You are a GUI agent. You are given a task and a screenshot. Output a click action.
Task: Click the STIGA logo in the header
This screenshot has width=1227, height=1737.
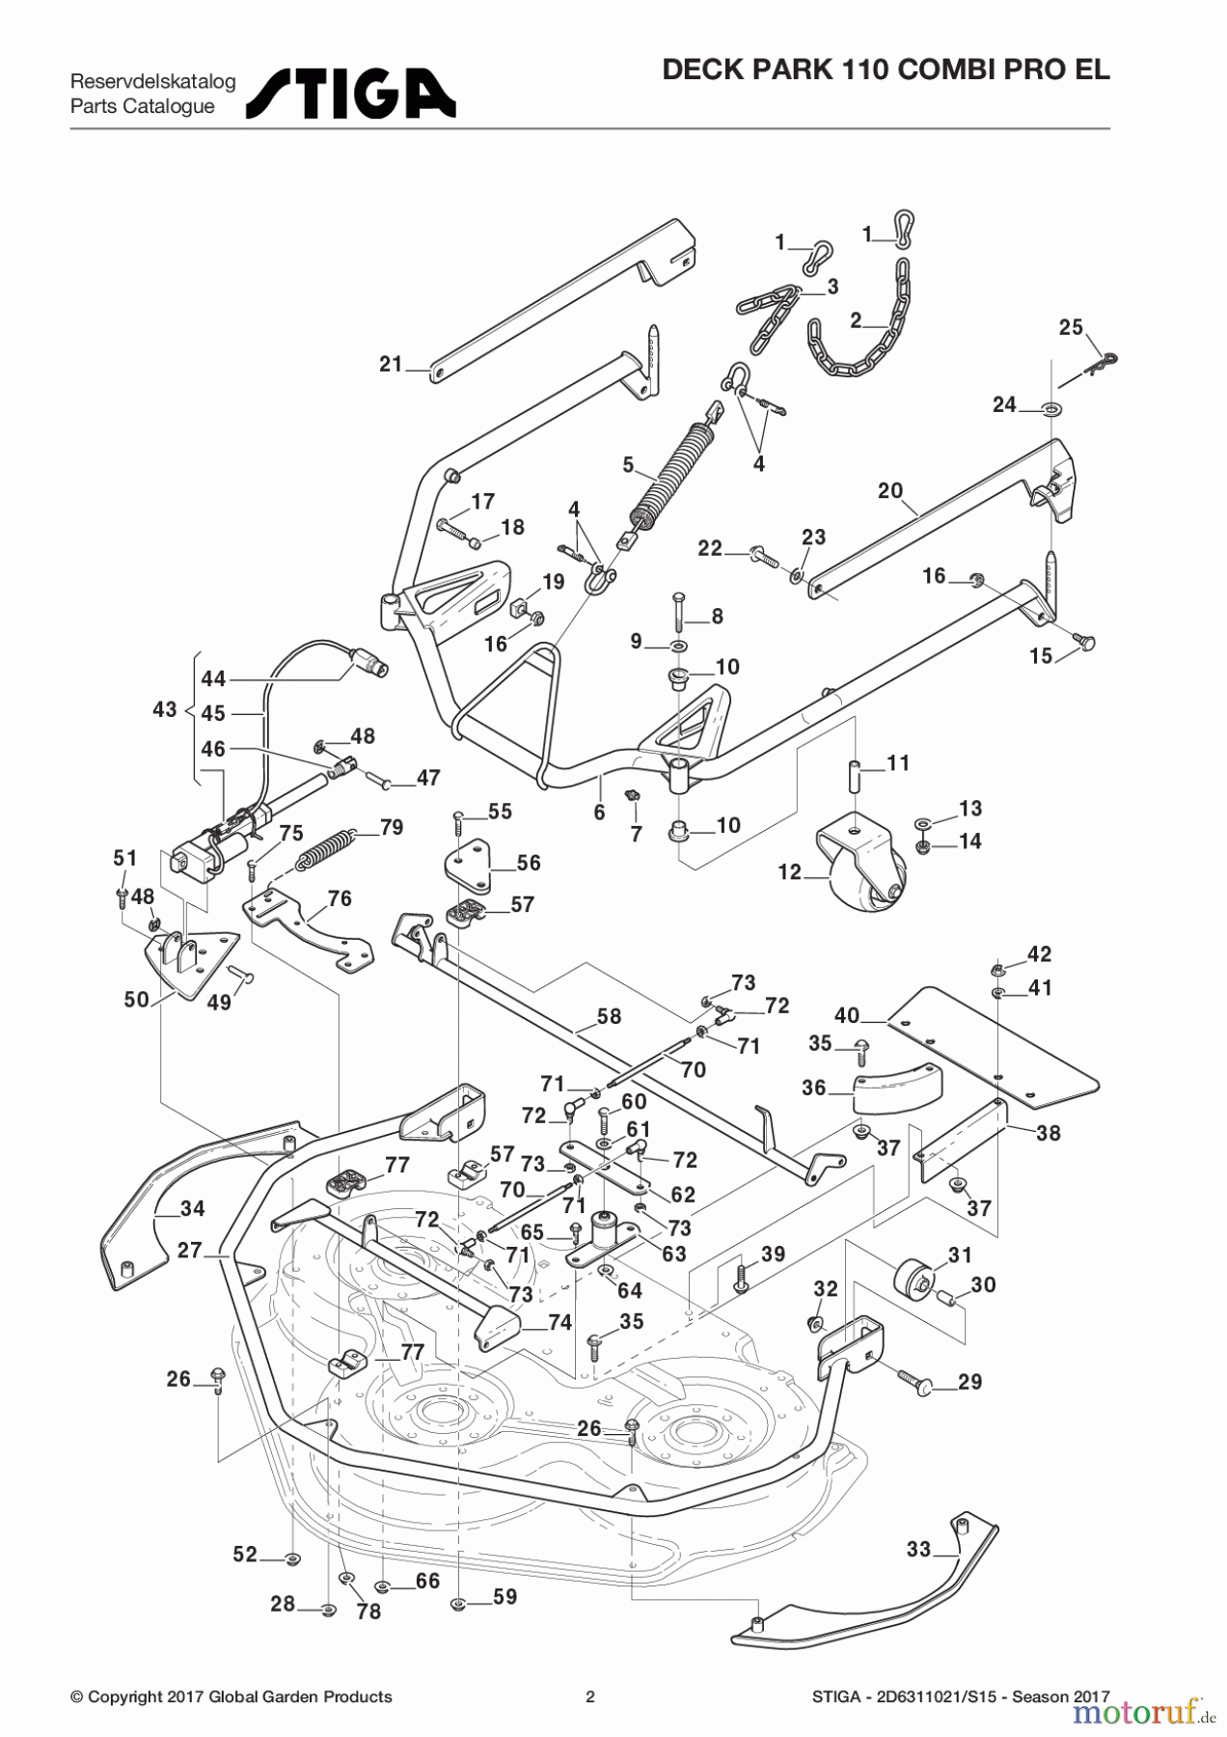[351, 94]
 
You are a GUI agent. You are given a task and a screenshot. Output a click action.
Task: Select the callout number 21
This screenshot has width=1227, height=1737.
[391, 364]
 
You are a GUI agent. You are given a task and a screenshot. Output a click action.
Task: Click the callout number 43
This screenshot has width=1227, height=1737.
[165, 709]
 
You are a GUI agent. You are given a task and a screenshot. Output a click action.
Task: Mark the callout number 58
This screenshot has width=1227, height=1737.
[609, 1016]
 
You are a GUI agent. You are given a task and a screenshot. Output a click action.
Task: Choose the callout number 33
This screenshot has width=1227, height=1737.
[918, 1549]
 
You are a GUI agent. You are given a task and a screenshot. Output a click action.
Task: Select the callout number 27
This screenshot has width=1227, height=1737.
[189, 1250]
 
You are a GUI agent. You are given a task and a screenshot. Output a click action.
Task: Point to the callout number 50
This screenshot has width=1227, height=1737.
[136, 999]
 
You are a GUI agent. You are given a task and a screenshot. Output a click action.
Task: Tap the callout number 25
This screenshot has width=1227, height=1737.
[1071, 327]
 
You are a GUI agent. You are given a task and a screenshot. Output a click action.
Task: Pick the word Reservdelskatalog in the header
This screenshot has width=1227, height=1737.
[152, 82]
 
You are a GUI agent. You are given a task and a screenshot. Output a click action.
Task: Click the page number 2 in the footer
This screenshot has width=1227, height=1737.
[590, 1696]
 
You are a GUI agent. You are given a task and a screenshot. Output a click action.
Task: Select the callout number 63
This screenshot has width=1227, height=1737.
[673, 1254]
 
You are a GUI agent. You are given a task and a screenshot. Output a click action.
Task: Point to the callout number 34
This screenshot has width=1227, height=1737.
[193, 1208]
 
